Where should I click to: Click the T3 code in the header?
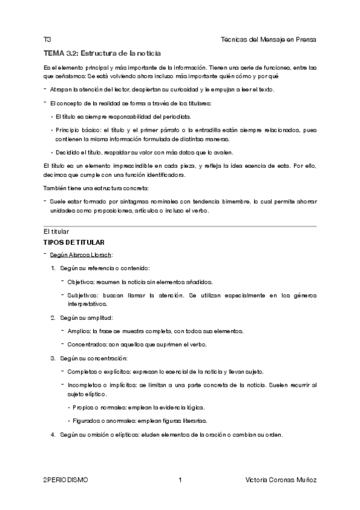click(x=47, y=39)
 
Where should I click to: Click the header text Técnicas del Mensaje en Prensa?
click(x=269, y=39)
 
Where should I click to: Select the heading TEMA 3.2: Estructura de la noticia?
click(x=102, y=53)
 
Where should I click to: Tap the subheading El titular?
click(x=56, y=232)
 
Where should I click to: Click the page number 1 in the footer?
click(x=180, y=480)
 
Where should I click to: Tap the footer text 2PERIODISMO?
click(x=66, y=480)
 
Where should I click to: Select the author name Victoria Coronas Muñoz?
click(x=281, y=480)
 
